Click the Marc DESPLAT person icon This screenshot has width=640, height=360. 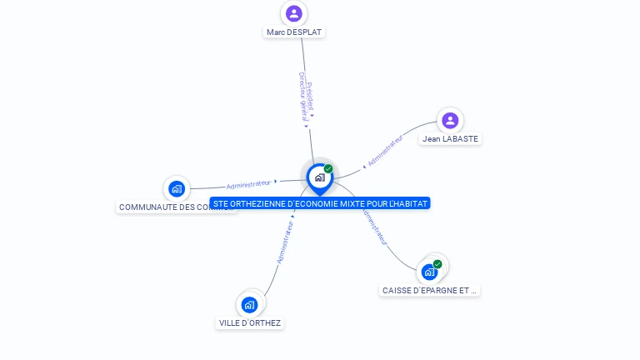click(293, 13)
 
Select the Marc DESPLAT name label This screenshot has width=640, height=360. click(293, 32)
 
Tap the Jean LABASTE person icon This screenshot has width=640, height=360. click(450, 120)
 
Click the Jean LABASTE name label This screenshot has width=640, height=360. click(450, 139)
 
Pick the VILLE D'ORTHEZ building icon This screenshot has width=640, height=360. click(249, 305)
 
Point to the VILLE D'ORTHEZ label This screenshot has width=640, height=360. click(249, 323)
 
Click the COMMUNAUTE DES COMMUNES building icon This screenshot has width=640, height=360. click(176, 188)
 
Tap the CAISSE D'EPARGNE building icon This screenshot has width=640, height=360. click(429, 272)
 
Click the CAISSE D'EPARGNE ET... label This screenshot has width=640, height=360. click(430, 291)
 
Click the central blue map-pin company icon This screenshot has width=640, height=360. click(319, 177)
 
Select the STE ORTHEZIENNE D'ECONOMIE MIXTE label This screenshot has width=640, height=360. click(319, 203)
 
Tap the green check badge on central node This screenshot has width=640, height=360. click(328, 169)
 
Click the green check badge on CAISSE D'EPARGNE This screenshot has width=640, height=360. click(437, 264)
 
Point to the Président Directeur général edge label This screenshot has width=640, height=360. click(307, 97)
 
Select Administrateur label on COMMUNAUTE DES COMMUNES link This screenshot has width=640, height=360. click(249, 183)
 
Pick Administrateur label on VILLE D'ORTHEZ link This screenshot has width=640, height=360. click(285, 242)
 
